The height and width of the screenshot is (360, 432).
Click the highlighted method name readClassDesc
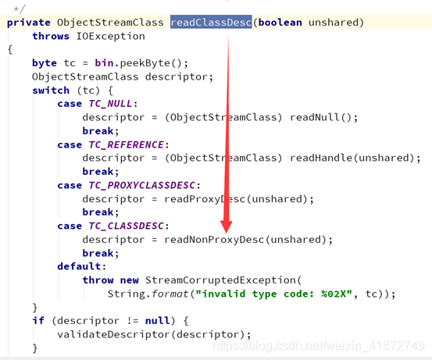pos(211,22)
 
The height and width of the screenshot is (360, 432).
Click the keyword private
pos(29,23)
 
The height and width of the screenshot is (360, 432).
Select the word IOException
pos(110,36)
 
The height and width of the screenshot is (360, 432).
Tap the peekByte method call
pos(145,63)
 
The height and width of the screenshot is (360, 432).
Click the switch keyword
pos(51,91)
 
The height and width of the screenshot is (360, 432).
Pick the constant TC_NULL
pos(110,104)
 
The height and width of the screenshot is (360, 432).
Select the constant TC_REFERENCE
pos(127,144)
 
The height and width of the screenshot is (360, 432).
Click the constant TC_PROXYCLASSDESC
pos(142,185)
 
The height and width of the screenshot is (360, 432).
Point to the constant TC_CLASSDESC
pos(127,226)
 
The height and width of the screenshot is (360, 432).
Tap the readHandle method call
pos(321,158)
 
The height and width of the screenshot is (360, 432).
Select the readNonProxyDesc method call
pos(214,240)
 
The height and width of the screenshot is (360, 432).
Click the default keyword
pos(80,266)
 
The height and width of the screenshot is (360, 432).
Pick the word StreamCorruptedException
pos(220,280)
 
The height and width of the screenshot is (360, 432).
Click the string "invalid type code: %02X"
pos(273,294)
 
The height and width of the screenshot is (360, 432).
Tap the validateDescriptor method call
pos(113,334)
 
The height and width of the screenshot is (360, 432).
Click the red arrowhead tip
pos(227,233)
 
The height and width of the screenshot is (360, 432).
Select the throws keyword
pos(51,36)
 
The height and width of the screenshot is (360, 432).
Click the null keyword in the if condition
pos(157,321)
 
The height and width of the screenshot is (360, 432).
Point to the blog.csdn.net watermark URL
pos(319,346)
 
